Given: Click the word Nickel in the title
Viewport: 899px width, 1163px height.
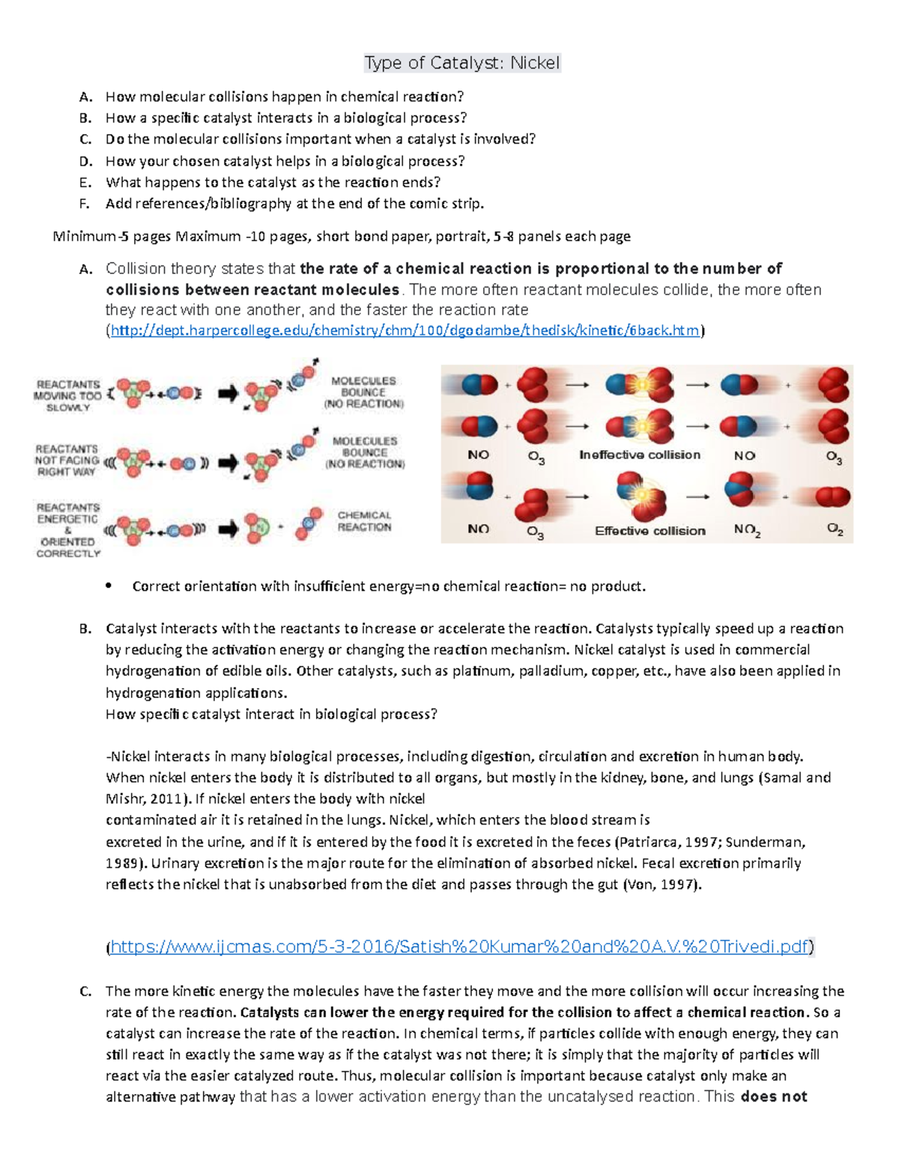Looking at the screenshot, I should tap(535, 63).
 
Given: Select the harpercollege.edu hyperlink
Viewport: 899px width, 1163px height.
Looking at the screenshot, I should tap(405, 330).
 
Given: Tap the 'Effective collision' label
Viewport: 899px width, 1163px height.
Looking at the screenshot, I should tap(650, 531).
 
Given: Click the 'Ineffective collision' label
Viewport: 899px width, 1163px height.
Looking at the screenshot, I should tap(639, 455).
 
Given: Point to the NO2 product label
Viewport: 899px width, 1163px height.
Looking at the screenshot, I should tap(747, 530).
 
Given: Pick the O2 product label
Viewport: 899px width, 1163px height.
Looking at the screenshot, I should tap(835, 530).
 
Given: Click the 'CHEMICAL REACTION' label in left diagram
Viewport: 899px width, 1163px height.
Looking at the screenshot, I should tap(364, 521).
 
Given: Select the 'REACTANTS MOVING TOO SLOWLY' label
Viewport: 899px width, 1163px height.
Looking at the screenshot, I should tap(68, 396).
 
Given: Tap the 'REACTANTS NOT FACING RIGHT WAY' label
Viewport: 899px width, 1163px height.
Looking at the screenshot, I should tap(67, 460).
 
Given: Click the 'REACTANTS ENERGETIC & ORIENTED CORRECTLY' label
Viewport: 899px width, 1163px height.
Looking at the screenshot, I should tap(68, 530).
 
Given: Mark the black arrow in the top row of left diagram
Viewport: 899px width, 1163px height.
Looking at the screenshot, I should tap(228, 393).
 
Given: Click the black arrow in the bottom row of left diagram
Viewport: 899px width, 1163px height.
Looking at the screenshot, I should tap(228, 530).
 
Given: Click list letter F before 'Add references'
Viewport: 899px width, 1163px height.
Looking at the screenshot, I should tap(85, 204).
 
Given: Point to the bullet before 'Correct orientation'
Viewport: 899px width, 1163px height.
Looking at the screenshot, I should tap(109, 586).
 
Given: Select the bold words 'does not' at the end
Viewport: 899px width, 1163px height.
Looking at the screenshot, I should tap(773, 1097).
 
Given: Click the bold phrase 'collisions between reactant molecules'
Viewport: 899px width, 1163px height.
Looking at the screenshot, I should tap(252, 290).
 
